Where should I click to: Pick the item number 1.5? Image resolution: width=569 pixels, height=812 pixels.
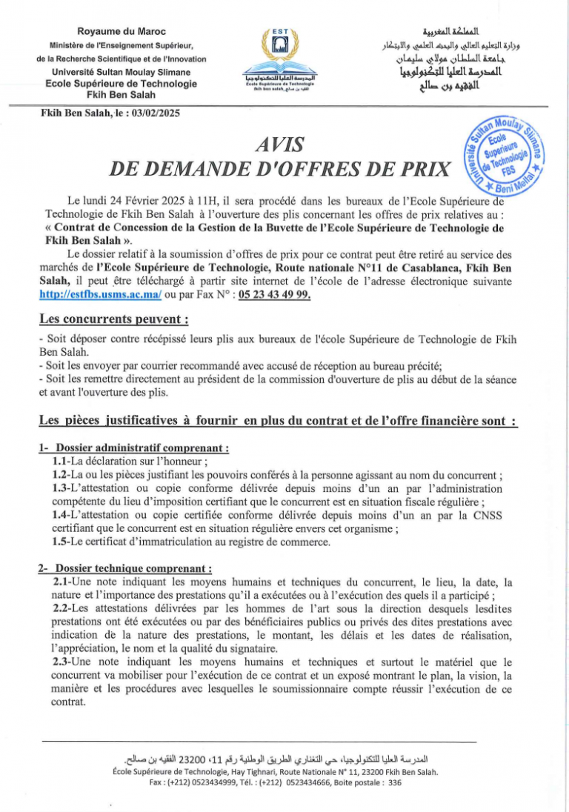(x=61, y=543)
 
